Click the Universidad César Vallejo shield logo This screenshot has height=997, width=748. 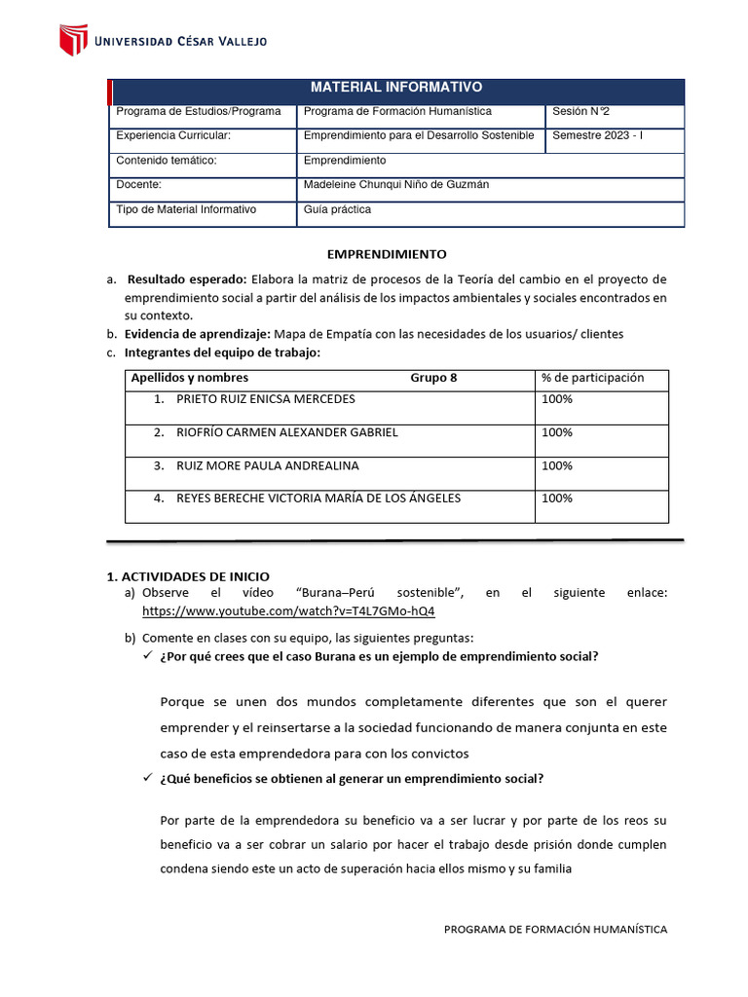[74, 40]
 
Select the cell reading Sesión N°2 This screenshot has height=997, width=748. [581, 112]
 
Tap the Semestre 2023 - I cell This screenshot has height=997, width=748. [597, 135]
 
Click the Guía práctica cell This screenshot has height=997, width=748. [338, 209]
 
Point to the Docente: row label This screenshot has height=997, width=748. [138, 184]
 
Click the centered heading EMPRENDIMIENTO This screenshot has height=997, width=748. [387, 254]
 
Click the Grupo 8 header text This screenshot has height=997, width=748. [433, 378]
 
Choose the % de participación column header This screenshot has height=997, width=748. [592, 378]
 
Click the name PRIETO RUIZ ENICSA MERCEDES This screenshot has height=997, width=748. [265, 399]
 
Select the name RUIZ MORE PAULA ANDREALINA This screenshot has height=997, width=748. [267, 466]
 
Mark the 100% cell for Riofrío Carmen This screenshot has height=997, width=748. [556, 432]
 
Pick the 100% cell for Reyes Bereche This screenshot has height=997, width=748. [556, 498]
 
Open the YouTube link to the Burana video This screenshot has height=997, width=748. [288, 611]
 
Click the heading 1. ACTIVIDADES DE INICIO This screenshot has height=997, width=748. [188, 576]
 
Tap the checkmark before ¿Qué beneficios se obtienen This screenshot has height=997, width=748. [147, 779]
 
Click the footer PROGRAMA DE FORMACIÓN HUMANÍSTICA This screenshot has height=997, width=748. [555, 930]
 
